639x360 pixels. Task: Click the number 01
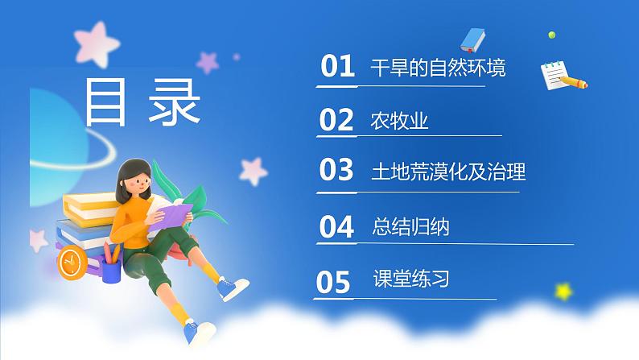pos(338,66)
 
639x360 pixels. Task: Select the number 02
pos(336,120)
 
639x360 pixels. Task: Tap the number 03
pos(336,170)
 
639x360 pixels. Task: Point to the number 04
pos(336,227)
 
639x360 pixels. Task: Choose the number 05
pos(334,282)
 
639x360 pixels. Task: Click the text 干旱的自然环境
pos(438,68)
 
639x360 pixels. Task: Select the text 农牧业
pos(399,121)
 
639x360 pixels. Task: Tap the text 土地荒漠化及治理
pos(448,172)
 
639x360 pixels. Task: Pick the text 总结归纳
pos(412,228)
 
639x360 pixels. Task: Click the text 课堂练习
pos(411,280)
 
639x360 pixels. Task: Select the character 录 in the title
pos(175,102)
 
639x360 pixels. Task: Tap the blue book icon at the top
pos(473,39)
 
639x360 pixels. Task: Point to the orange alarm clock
pos(72,261)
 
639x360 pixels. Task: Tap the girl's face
pos(135,182)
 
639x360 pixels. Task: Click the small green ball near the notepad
pos(551,35)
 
